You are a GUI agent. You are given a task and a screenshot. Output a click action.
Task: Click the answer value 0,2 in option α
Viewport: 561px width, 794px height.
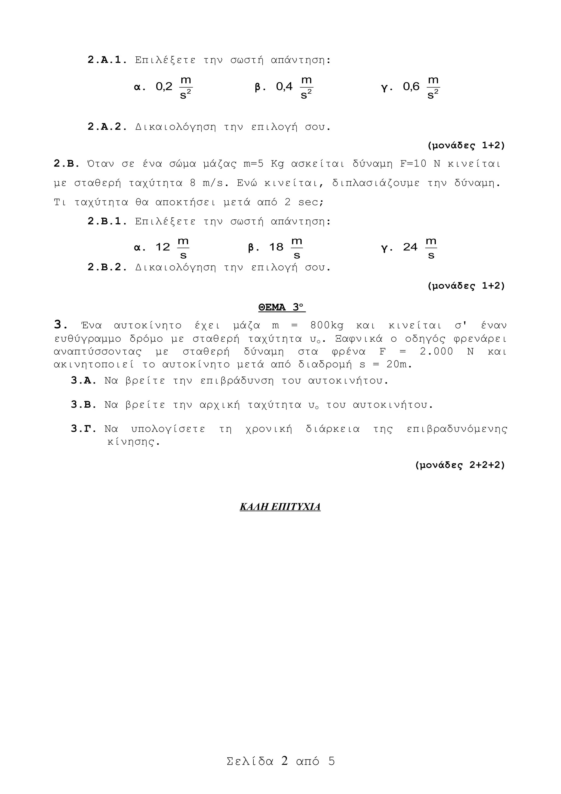tap(164, 87)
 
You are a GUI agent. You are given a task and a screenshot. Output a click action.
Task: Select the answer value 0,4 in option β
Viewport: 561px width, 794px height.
tap(284, 87)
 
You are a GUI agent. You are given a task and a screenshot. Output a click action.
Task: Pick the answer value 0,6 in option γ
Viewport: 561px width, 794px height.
tap(411, 87)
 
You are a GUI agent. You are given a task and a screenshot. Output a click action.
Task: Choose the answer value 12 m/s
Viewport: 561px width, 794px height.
tap(163, 247)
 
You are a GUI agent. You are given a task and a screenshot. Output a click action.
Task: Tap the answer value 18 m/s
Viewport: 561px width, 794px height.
tap(276, 247)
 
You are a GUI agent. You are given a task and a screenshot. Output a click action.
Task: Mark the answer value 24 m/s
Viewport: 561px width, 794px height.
tap(410, 247)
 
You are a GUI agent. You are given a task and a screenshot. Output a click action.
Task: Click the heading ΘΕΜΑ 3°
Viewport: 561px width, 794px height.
tap(282, 307)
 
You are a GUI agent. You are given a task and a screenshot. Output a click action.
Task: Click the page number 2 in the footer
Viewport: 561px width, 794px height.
tap(285, 761)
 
